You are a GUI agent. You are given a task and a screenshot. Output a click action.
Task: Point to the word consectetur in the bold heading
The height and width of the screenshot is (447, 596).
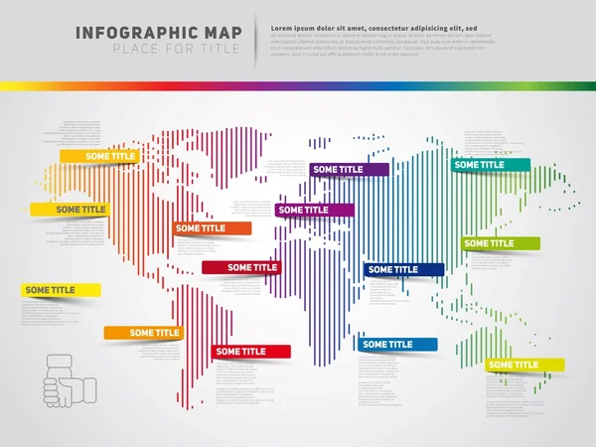click(380, 24)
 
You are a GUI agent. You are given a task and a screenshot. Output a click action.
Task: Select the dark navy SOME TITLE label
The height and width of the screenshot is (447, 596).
click(404, 269)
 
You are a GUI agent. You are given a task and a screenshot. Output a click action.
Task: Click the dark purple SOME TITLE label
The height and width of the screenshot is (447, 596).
click(348, 170)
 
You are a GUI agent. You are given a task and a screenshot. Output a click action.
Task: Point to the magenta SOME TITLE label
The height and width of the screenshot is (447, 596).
click(314, 210)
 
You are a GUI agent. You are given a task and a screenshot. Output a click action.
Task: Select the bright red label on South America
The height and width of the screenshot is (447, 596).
click(250, 351)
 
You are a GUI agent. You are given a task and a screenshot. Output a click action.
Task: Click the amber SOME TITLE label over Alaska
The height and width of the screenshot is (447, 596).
click(98, 156)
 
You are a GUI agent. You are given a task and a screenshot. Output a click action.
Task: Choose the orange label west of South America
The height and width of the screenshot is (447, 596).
click(144, 333)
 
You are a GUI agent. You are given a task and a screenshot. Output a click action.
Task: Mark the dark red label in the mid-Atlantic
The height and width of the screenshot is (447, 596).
click(240, 267)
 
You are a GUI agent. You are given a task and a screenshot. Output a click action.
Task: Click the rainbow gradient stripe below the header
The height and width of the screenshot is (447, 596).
click(298, 86)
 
